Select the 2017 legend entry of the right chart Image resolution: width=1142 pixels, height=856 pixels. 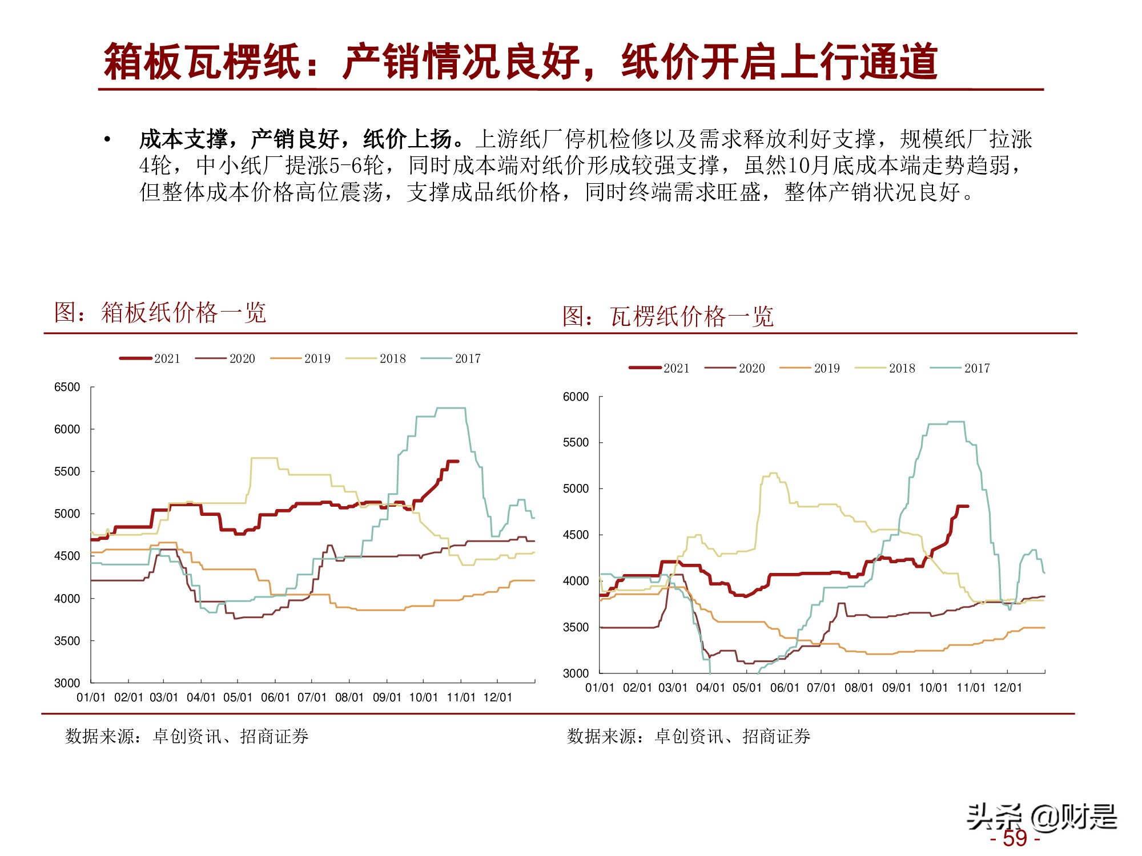962,368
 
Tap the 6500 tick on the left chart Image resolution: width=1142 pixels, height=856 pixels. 67,387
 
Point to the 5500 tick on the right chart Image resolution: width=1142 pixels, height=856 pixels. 576,442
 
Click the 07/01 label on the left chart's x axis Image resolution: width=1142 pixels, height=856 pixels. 312,697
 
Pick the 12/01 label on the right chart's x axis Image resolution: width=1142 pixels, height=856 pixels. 1007,688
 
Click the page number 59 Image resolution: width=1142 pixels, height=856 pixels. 1015,838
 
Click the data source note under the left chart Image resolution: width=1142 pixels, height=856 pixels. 187,736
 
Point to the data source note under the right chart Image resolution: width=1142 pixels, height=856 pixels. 689,736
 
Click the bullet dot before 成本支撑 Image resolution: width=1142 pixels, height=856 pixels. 107,139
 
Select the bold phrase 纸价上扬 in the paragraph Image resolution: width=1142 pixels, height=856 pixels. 408,139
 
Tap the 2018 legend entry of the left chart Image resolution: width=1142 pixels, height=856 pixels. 376,358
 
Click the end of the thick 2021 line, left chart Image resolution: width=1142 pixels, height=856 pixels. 457,461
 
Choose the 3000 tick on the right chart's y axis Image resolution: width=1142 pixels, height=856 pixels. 576,673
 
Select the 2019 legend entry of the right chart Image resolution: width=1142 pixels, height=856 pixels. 810,368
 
